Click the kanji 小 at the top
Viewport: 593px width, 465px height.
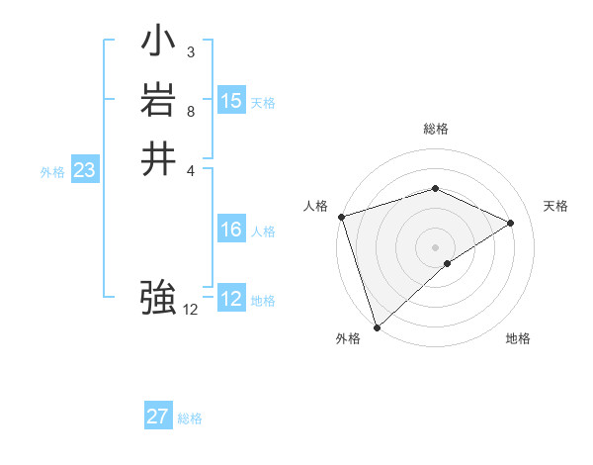point(158,45)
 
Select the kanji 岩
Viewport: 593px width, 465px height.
point(158,102)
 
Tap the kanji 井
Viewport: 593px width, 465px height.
point(158,158)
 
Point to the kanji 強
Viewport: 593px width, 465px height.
point(158,296)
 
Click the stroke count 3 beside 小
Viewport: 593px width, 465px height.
point(191,51)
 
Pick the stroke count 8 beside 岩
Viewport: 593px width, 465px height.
point(191,111)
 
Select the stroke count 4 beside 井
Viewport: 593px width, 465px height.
point(191,169)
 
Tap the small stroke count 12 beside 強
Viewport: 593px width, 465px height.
point(191,310)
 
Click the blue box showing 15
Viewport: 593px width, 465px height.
point(231,101)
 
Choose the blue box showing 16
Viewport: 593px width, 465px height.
point(231,230)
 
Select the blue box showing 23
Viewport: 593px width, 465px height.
point(84,171)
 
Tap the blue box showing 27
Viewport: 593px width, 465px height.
point(158,417)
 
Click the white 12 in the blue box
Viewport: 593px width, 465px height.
point(231,299)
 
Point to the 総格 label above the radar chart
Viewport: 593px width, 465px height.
point(436,129)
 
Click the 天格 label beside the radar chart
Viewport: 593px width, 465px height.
point(556,206)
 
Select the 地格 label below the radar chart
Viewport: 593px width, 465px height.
point(518,339)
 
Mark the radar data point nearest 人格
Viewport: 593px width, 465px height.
point(341,217)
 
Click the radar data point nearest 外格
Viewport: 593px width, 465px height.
point(377,326)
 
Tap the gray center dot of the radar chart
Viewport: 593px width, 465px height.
point(435,246)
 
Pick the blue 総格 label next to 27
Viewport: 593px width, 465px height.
point(190,418)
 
